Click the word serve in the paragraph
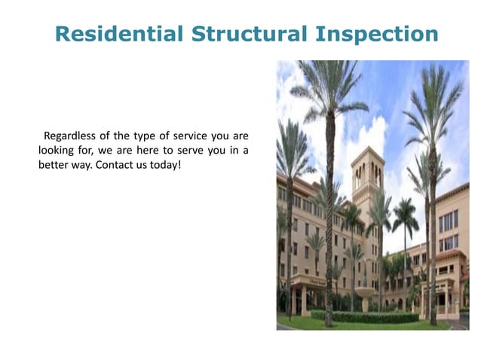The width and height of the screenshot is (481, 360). coord(190,150)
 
